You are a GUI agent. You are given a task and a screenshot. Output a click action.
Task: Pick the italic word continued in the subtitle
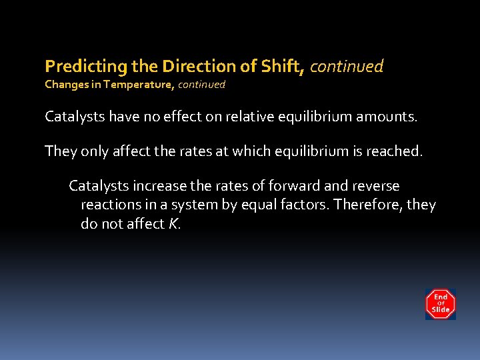[201, 85]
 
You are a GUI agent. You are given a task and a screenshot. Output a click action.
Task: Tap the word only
[89, 151]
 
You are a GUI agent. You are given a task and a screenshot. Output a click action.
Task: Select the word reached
[394, 151]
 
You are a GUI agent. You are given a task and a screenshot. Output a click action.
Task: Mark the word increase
[151, 186]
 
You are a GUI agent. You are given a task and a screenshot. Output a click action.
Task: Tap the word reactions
[109, 205]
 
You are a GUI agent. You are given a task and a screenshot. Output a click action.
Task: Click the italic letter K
[173, 224]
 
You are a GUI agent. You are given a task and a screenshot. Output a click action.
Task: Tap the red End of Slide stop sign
[441, 303]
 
